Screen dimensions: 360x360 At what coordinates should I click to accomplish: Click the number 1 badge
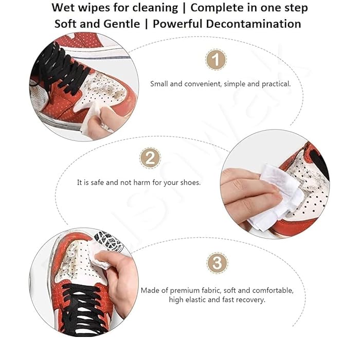[x=216, y=60]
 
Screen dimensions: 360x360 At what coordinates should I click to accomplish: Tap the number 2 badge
[x=150, y=158]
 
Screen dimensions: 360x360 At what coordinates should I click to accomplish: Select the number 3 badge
[x=217, y=263]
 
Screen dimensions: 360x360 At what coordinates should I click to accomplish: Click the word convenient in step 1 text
[x=201, y=83]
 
